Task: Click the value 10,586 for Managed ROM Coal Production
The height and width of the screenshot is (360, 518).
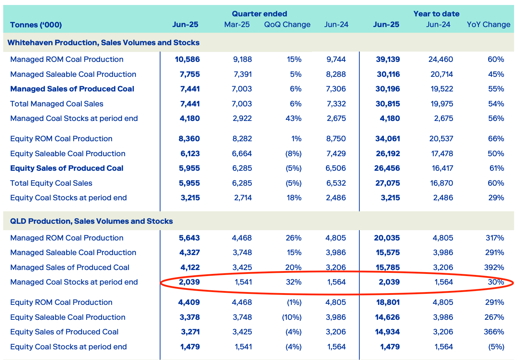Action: pyautogui.click(x=187, y=59)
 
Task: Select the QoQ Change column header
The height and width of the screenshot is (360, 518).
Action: pyautogui.click(x=287, y=25)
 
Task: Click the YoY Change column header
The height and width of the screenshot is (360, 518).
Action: pyautogui.click(x=488, y=25)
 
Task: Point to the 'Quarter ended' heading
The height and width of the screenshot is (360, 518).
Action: pyautogui.click(x=259, y=14)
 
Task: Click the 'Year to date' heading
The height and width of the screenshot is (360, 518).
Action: pyautogui.click(x=436, y=14)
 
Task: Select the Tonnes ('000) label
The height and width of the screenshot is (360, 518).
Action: pyautogui.click(x=36, y=25)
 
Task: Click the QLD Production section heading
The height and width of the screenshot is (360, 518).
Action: pyautogui.click(x=91, y=221)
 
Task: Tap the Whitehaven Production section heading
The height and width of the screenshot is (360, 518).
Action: pyautogui.click(x=103, y=43)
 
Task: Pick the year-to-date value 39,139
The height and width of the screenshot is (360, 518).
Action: pyautogui.click(x=388, y=59)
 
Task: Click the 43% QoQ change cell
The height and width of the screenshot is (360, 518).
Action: pyautogui.click(x=294, y=118)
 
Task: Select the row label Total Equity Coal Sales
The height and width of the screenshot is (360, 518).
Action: pyautogui.click(x=51, y=183)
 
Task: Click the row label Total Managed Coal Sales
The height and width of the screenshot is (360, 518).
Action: pyautogui.click(x=57, y=104)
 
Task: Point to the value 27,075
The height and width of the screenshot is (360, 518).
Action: pyautogui.click(x=388, y=183)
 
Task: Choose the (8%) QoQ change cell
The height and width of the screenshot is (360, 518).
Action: pyautogui.click(x=293, y=154)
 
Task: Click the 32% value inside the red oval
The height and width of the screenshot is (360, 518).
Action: pyautogui.click(x=294, y=282)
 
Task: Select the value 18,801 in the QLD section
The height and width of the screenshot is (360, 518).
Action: pyautogui.click(x=388, y=302)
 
